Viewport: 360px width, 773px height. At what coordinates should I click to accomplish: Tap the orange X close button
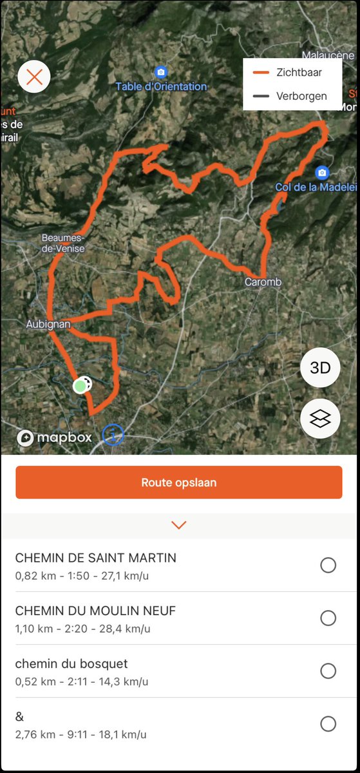34,77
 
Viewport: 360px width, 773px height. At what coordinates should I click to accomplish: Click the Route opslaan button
179,482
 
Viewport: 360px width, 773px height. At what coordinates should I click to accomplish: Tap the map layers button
320,419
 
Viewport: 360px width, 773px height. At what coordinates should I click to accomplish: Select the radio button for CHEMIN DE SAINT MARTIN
328,566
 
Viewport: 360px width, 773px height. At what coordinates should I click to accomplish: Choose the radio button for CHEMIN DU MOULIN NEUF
328,618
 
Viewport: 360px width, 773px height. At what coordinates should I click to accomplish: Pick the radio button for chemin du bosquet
328,671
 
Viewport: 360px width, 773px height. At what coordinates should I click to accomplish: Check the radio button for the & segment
328,724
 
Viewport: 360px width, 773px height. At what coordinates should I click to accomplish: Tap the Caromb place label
263,282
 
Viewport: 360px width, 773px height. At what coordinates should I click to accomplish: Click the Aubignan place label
48,324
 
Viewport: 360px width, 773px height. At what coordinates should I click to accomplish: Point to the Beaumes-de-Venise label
63,242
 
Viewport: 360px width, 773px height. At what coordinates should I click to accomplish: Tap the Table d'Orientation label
161,86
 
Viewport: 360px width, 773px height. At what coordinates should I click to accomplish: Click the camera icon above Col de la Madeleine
322,173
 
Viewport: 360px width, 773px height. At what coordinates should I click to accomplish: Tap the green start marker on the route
80,386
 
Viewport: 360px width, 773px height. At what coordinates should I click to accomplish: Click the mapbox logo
55,438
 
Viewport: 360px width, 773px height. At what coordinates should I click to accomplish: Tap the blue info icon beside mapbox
113,435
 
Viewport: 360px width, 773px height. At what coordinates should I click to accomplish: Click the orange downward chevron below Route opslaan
179,525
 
